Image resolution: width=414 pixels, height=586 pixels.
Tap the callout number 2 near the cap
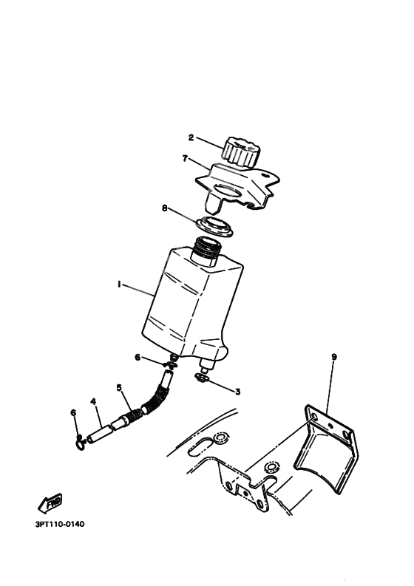click(x=190, y=137)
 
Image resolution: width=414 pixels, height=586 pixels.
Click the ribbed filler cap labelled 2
click(x=241, y=151)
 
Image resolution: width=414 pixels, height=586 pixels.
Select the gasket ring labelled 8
click(x=214, y=225)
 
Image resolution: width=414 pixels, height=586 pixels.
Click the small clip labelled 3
click(x=202, y=380)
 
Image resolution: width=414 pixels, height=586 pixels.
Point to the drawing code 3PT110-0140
click(x=60, y=525)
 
